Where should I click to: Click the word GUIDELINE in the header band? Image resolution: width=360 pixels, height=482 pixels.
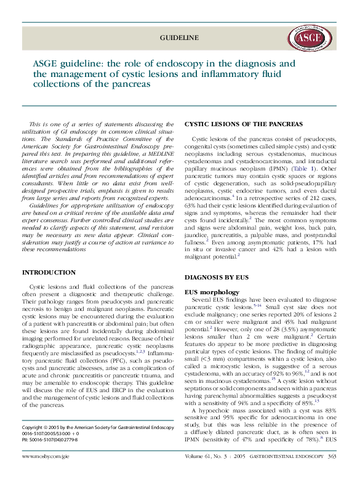pyautogui.click(x=179, y=38)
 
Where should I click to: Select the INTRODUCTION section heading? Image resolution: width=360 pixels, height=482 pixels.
pyautogui.click(x=49, y=271)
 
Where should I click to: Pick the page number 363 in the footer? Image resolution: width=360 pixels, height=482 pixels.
pyautogui.click(x=331, y=474)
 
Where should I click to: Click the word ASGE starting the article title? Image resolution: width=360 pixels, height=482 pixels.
pyautogui.click(x=46, y=63)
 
